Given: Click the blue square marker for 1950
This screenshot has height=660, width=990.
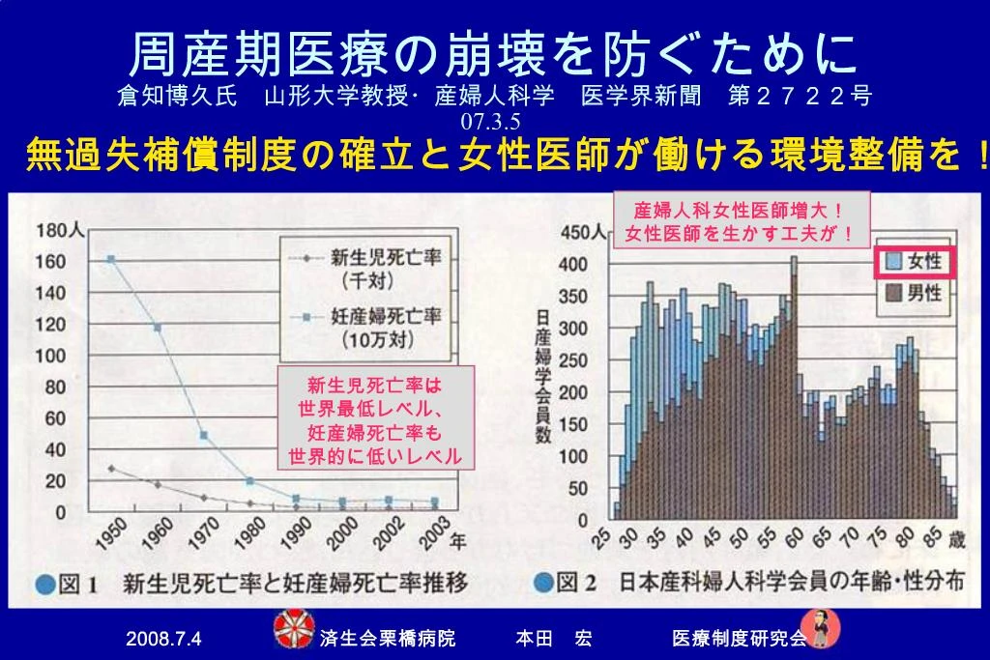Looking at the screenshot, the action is (111, 259).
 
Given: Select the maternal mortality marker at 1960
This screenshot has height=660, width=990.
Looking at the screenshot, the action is (158, 328).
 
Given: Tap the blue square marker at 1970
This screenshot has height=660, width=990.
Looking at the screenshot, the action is (203, 436).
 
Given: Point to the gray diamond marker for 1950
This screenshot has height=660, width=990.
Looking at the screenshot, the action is (112, 469).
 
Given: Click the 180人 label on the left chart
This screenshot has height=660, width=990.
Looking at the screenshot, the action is (61, 230).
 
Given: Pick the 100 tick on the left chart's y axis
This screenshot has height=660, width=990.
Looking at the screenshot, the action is (50, 356).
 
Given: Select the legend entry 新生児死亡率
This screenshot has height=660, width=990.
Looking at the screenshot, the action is (386, 257).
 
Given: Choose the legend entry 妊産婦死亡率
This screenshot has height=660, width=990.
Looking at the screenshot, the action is (386, 315).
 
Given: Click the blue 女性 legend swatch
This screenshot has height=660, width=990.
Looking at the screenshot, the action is (894, 261).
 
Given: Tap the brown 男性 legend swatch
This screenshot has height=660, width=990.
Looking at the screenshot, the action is (894, 292).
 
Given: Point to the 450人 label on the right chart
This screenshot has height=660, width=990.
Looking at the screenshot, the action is (583, 233).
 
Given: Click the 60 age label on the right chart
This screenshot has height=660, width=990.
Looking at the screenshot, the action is (794, 537).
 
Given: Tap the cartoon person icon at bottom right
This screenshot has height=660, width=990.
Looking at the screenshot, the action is (820, 628).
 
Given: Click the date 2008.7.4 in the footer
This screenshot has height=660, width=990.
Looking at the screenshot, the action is (163, 639).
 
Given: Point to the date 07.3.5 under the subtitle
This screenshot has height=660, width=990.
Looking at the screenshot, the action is (490, 121).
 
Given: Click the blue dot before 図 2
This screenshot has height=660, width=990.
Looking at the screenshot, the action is (543, 583).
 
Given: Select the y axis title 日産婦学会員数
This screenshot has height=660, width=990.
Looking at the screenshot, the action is (543, 376).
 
